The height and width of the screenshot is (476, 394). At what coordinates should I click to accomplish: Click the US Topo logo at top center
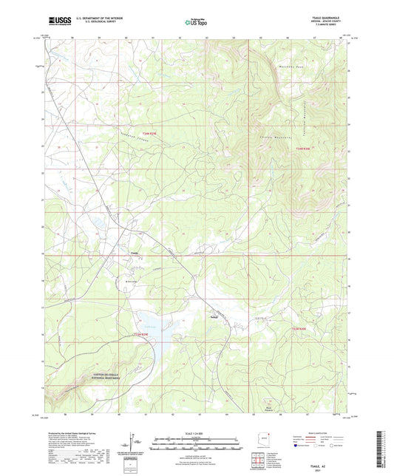[x=196, y=24]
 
